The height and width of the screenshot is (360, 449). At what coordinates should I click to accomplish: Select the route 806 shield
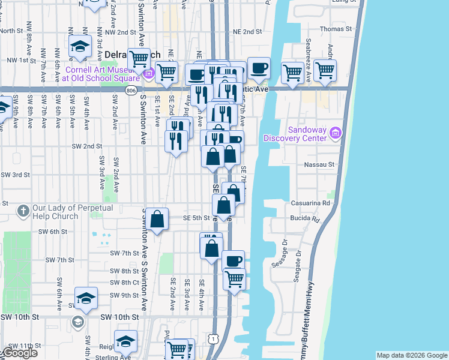(x=131, y=89)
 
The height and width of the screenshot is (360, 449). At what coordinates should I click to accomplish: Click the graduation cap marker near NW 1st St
(x=79, y=47)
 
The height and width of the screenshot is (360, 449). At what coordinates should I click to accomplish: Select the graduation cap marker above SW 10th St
(x=86, y=298)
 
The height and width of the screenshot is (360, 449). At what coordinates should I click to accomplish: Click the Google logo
(x=19, y=353)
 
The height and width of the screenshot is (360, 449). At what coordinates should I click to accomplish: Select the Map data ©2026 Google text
(x=412, y=355)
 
